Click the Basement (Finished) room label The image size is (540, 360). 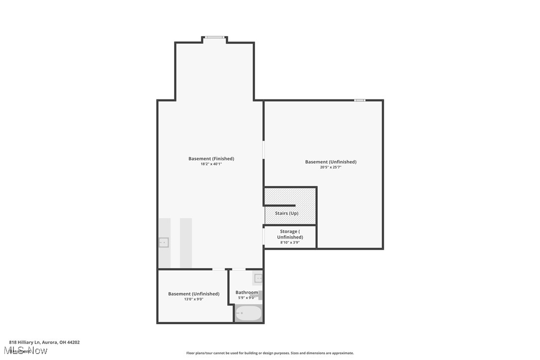point(211,159)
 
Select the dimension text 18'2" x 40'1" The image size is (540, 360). point(211,164)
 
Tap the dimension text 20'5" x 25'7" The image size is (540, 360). point(331,168)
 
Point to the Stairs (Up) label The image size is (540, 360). point(286,213)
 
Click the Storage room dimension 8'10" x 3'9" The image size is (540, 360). point(290,243)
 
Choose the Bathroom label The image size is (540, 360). point(247,292)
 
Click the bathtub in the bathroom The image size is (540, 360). point(248,313)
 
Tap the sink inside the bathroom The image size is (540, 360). point(258,278)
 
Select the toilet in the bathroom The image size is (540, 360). point(260,295)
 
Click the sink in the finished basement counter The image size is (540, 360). point(164,243)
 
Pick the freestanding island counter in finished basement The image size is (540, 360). point(185,243)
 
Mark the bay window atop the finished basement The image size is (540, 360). point(215,37)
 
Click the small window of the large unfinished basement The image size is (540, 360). point(360,100)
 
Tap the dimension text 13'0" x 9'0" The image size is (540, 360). point(193,299)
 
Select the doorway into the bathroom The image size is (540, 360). point(239,270)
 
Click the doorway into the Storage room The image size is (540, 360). point(264,236)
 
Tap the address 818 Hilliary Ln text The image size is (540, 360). point(44,342)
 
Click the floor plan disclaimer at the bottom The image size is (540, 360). point(270,353)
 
